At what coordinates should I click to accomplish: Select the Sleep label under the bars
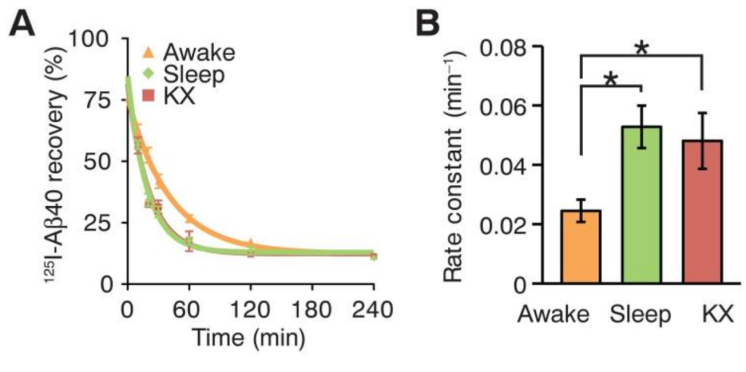(642, 315)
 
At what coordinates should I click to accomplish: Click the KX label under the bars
(709, 315)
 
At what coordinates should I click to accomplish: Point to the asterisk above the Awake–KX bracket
(642, 50)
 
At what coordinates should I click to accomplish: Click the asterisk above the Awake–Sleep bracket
(611, 79)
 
